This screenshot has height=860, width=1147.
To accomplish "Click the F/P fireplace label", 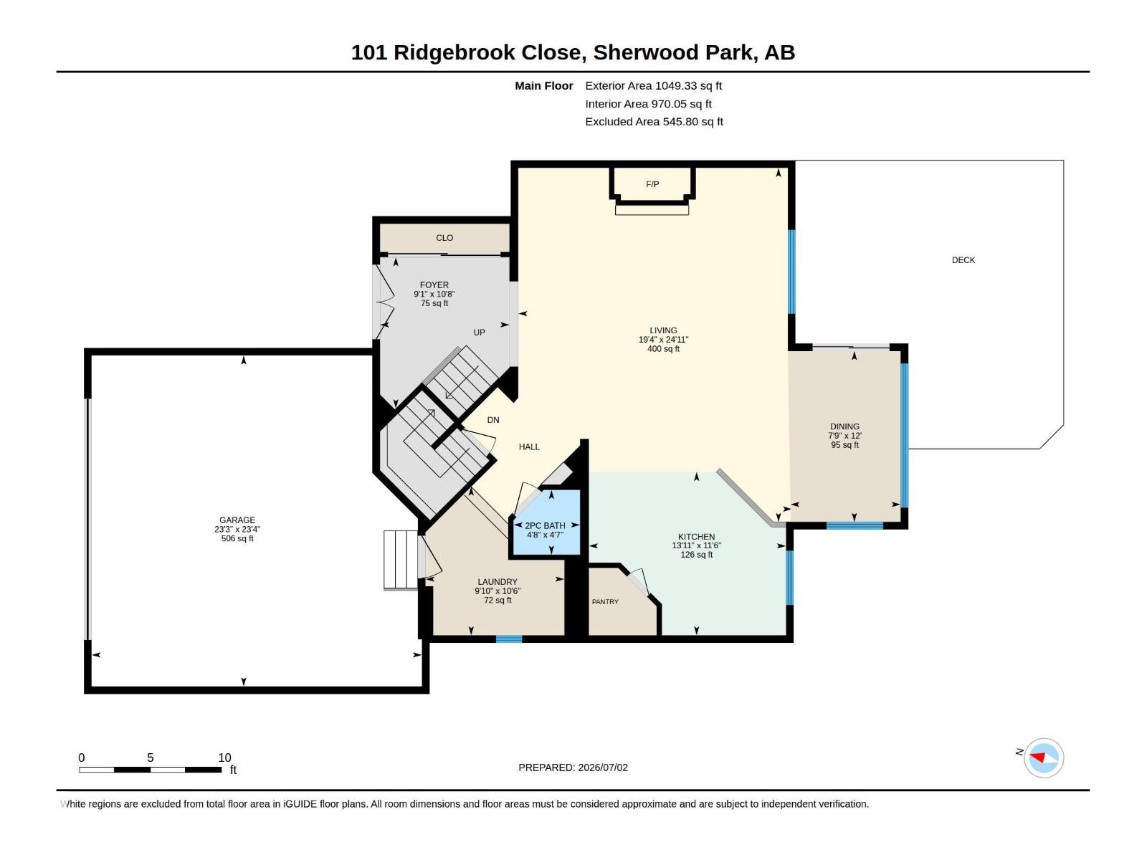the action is click(652, 184).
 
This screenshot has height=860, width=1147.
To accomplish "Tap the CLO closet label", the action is click(444, 238).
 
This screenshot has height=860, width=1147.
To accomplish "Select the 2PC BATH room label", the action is click(545, 526).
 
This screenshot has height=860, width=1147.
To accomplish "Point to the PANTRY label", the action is click(605, 602).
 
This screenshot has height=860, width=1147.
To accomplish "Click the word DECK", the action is click(963, 260).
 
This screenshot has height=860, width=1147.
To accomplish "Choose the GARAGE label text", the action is click(237, 520).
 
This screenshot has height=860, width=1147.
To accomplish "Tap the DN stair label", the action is click(492, 420).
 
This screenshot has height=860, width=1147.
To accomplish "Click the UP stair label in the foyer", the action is click(479, 333).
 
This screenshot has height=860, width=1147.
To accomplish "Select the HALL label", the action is click(529, 447).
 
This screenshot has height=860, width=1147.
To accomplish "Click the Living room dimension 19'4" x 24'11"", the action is click(663, 340).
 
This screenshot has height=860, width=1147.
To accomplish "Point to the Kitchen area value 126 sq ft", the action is click(696, 555).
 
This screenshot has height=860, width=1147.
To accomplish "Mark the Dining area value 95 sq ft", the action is click(844, 445).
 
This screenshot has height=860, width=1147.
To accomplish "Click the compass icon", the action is click(1044, 758).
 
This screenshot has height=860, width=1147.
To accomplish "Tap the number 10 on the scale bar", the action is click(224, 758).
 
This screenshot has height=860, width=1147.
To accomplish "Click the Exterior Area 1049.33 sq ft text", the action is click(653, 85).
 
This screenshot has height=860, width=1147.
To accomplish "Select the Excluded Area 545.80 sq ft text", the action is click(654, 122).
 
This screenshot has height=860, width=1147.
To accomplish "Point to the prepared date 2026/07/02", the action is click(602, 768).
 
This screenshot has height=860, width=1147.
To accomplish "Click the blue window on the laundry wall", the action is click(509, 639).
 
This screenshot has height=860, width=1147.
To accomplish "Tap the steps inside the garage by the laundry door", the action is click(401, 560).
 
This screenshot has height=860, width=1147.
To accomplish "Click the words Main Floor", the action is click(543, 85).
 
